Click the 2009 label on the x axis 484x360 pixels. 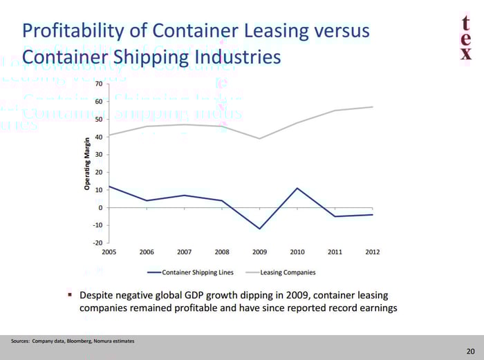259,252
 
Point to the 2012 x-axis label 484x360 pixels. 372,252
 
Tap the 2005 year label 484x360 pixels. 109,252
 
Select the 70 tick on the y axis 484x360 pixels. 98,84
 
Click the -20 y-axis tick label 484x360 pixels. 97,243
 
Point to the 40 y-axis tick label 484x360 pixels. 98,137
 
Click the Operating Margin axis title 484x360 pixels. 87,163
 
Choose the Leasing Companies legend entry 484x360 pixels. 288,272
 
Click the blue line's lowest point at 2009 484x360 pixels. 260,229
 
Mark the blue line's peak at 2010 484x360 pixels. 297,188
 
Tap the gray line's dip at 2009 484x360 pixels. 260,138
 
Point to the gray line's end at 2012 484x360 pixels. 373,106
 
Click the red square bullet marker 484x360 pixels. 70,294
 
